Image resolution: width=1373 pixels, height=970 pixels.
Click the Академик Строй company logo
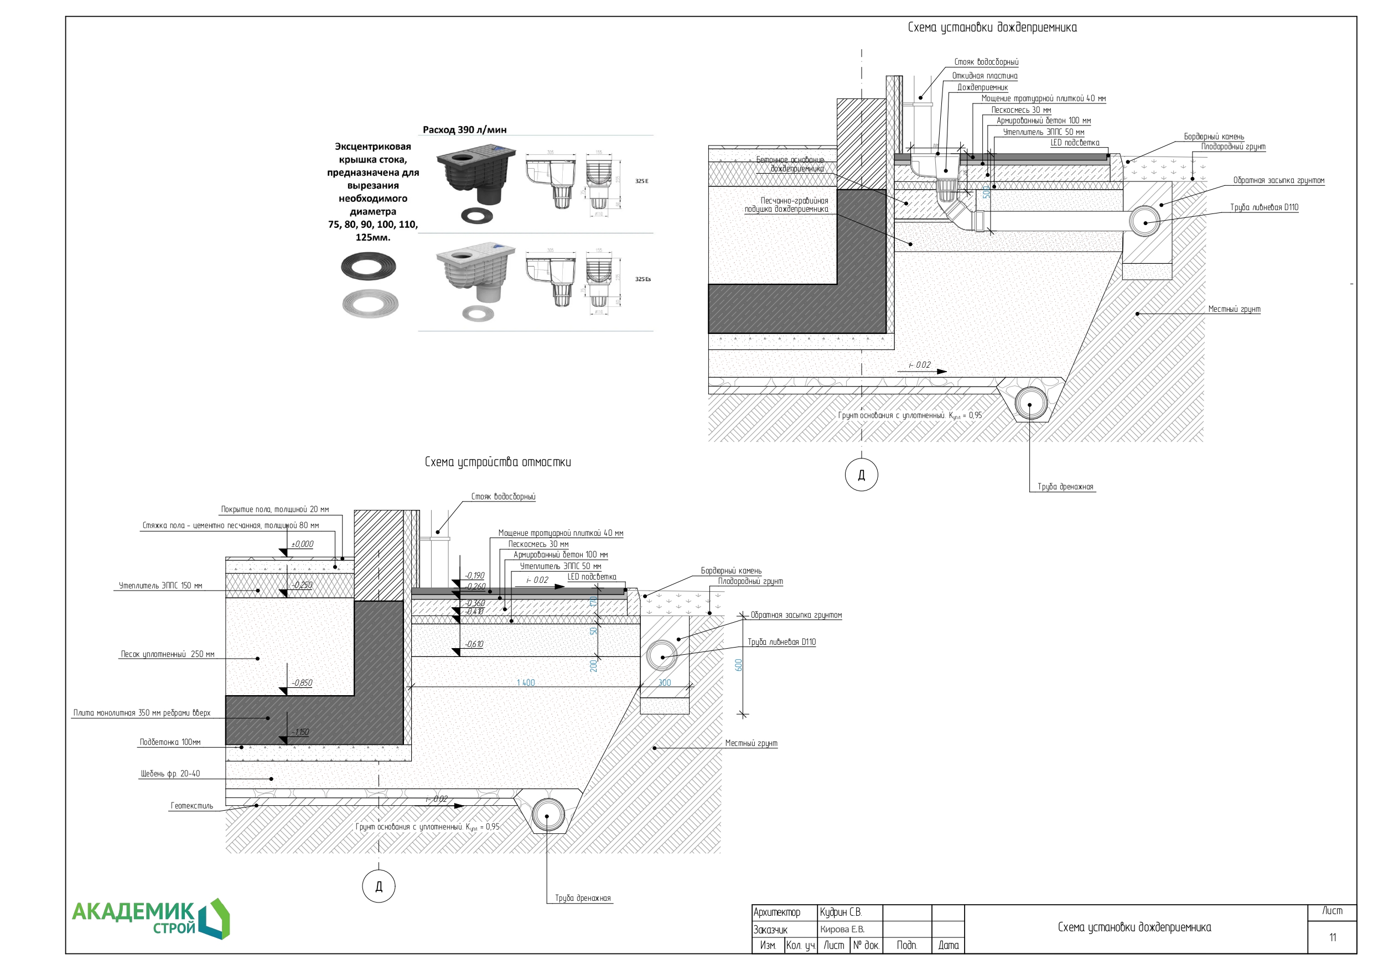pos(150,919)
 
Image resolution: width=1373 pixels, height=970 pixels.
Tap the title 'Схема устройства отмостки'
pos(498,462)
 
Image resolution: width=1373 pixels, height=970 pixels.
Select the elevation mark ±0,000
pos(302,544)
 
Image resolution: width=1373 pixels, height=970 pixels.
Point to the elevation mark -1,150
pos(300,732)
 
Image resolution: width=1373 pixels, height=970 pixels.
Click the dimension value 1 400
pos(526,682)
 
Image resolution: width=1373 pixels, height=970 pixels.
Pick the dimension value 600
pos(739,665)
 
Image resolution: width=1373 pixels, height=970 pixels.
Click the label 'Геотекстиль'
pos(191,806)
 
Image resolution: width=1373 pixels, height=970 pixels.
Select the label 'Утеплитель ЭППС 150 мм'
pos(160,586)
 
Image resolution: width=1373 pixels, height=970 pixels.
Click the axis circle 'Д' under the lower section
pos(379,886)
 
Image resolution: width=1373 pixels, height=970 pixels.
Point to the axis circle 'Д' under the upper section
pos(861,475)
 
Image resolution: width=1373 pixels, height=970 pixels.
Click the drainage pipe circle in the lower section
pos(547,815)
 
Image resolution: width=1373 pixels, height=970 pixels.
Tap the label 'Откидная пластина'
pos(985,76)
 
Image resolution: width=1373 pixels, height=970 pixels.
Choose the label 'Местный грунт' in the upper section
pos(1234,309)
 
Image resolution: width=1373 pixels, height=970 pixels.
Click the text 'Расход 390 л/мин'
pos(464,130)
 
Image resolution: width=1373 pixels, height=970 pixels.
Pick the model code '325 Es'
pos(643,279)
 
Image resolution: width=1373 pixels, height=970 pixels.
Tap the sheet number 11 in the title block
pos(1333,937)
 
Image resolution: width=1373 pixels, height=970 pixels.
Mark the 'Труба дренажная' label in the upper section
pos(1065,487)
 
